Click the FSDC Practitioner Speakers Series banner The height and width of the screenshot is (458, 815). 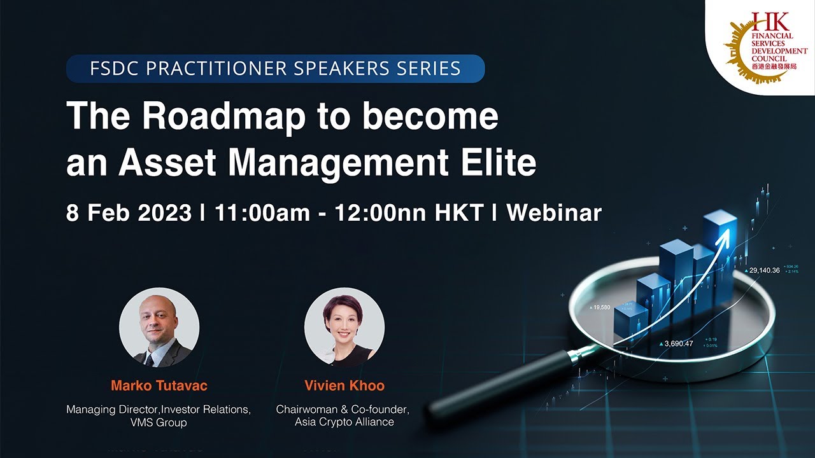[x=275, y=69]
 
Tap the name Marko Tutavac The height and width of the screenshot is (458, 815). [x=159, y=385]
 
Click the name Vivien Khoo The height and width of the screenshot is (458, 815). [x=344, y=385]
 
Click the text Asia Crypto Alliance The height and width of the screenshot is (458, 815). [x=344, y=422]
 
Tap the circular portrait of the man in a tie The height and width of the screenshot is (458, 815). [x=159, y=328]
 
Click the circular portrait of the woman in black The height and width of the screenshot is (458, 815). [x=344, y=328]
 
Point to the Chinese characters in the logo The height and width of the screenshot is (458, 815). [x=774, y=66]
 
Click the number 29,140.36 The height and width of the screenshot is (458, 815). [x=764, y=270]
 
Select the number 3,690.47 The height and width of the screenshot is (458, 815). [x=679, y=343]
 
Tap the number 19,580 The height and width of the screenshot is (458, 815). [x=602, y=307]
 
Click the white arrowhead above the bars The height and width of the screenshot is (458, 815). [x=725, y=237]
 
